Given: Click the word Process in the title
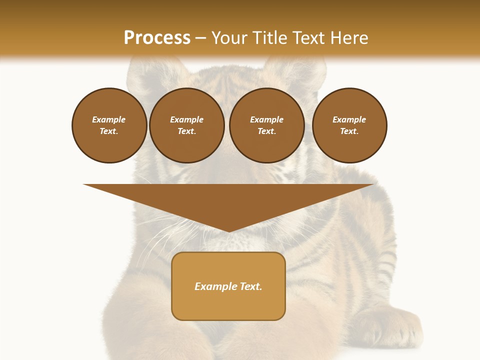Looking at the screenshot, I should [157, 38].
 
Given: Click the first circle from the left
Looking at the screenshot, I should [109, 125].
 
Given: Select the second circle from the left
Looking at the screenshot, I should [186, 125].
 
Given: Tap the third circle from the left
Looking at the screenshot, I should [266, 125].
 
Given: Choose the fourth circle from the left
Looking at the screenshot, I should [349, 125].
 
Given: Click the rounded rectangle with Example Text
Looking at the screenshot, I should [228, 286].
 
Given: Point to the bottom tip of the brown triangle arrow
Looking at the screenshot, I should [228, 231].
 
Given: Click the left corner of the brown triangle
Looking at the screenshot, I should [85, 185].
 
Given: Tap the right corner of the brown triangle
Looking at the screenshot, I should [372, 185].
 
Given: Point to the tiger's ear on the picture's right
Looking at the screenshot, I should [295, 70].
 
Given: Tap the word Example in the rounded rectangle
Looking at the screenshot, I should [215, 286].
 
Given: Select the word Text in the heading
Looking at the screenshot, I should [308, 38].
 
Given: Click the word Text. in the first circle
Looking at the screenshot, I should [109, 131].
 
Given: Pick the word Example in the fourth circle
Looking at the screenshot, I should [349, 119].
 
